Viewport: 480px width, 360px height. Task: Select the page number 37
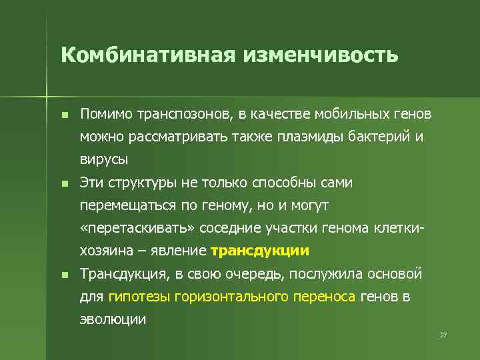(443, 334)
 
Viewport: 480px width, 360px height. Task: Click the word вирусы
(103, 160)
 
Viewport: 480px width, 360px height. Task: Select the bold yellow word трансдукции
(259, 251)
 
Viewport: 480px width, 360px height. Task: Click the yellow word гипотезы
(139, 297)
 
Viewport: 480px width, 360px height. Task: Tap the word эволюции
(113, 319)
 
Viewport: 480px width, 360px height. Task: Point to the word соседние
(229, 228)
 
